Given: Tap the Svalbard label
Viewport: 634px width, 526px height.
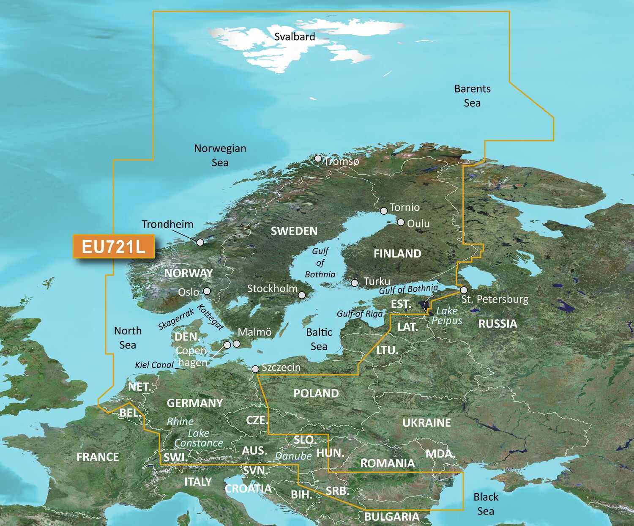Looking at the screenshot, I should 295,37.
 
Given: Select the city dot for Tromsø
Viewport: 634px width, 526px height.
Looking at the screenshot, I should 318,159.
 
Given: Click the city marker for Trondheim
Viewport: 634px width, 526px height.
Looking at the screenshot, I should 200,242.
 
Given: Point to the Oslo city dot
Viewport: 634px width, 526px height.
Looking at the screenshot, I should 207,291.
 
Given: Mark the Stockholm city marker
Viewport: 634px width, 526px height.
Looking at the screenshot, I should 302,295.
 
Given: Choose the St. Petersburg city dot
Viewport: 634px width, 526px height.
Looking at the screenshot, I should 464,290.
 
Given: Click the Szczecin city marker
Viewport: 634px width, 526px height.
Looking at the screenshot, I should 255,369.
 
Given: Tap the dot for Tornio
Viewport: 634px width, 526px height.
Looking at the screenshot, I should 384,211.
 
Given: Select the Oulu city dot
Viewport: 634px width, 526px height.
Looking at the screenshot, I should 401,222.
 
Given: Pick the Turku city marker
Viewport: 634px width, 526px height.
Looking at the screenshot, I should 355,282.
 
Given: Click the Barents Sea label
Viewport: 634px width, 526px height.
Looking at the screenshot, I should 472,96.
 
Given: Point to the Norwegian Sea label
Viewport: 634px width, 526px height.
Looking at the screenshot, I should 220,155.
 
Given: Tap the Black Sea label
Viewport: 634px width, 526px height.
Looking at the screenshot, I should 486,504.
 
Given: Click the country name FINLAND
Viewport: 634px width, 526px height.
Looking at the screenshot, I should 397,253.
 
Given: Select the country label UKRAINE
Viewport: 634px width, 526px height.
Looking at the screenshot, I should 426,422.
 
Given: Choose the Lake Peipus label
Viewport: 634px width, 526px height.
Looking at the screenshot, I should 447,316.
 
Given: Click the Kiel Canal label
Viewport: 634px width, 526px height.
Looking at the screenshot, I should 154,365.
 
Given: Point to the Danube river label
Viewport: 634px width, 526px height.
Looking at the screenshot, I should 293,456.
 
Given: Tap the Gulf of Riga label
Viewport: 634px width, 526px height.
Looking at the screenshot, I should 360,314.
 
